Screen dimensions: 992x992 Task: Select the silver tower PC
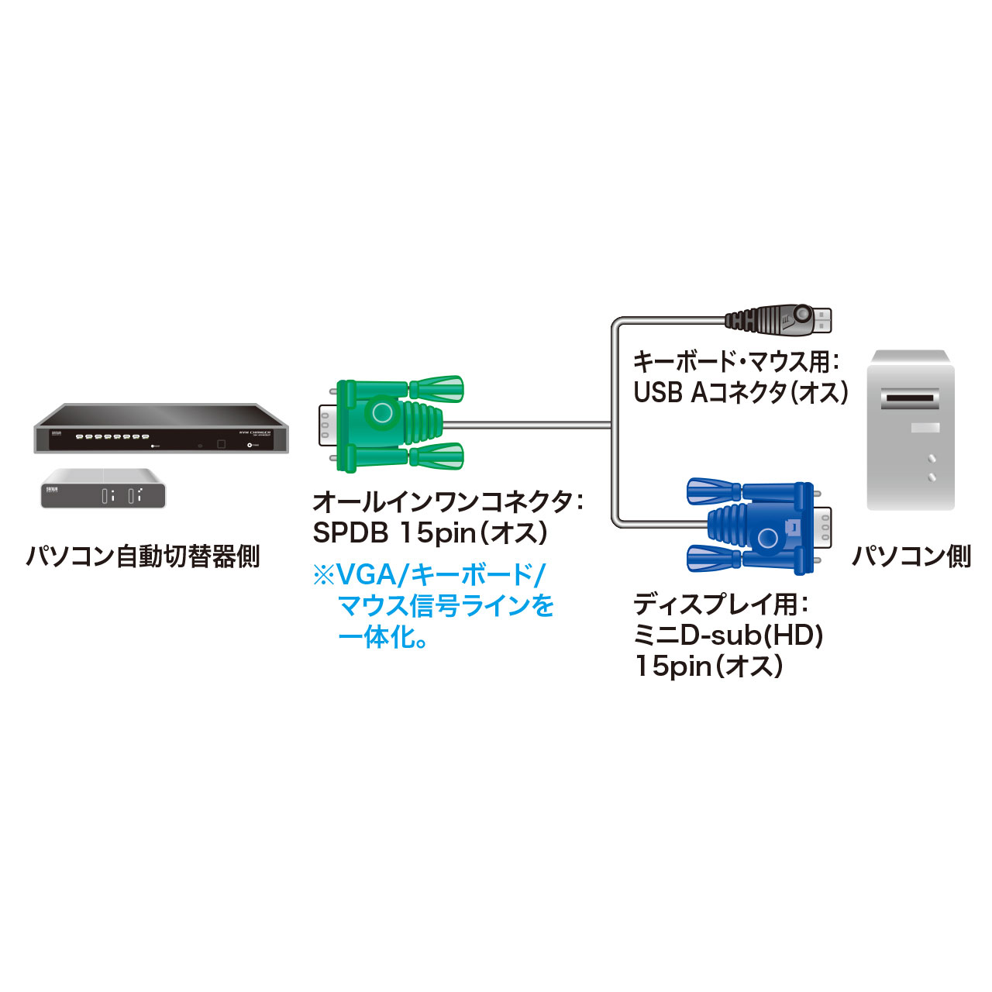click(910, 430)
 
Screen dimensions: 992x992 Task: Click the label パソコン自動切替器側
click(143, 556)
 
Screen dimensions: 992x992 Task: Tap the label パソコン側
click(911, 556)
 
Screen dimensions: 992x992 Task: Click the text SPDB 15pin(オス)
click(431, 532)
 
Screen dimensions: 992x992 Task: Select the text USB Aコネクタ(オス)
click(741, 392)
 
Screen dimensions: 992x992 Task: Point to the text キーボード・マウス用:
click(735, 361)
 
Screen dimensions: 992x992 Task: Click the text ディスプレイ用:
click(722, 604)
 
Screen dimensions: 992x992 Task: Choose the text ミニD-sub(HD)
click(728, 635)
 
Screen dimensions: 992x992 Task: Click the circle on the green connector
click(382, 412)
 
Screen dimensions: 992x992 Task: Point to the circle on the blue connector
click(767, 538)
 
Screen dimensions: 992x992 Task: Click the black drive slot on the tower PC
click(911, 399)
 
